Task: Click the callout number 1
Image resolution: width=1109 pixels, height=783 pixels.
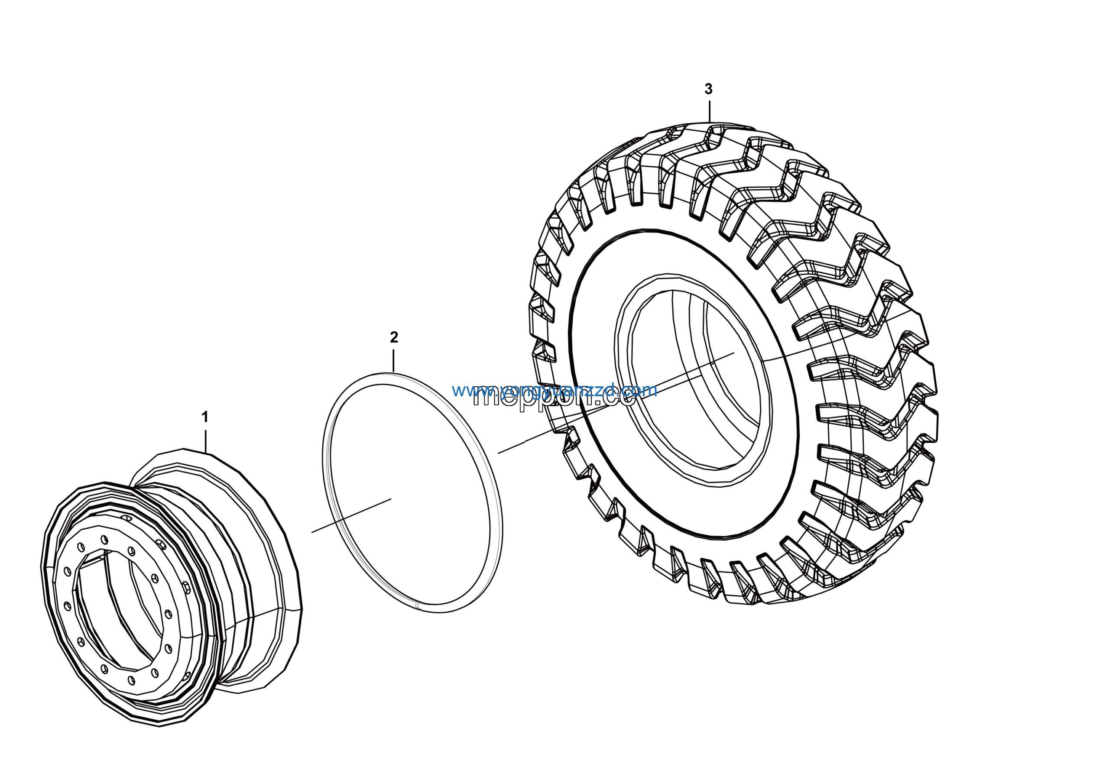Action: tap(205, 417)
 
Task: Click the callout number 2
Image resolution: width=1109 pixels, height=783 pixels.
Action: tap(394, 337)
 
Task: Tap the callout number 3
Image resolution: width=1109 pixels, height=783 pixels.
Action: tap(708, 89)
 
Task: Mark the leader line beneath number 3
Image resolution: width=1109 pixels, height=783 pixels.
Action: tap(709, 111)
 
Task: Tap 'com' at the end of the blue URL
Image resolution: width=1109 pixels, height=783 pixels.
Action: tap(642, 390)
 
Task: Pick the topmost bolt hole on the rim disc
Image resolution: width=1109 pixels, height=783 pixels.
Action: tap(104, 539)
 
